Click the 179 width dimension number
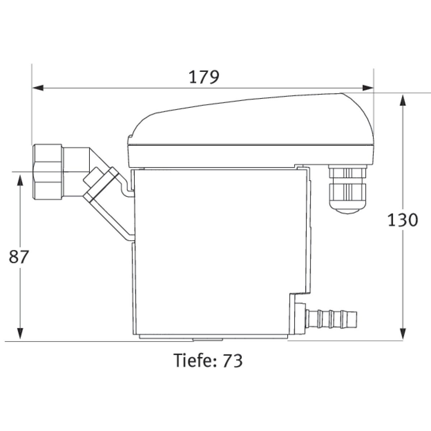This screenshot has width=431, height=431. coord(204,77)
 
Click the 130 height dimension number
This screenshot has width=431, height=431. coord(403,220)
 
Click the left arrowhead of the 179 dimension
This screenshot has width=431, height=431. coord(38,88)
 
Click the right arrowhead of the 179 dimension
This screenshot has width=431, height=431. coord(368,88)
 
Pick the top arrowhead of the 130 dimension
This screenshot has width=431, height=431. coord(403,100)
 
